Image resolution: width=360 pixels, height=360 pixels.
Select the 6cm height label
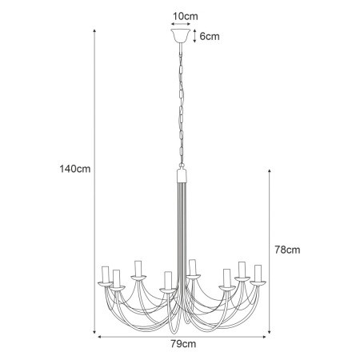tap(210, 37)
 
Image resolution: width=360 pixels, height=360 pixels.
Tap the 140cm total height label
tap(72, 170)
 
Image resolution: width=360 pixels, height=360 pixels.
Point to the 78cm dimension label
tap(286, 250)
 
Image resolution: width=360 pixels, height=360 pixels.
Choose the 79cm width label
tap(183, 344)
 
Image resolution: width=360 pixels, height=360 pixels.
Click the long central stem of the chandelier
tap(181, 240)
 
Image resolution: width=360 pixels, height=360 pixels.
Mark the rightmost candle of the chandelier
tap(258, 274)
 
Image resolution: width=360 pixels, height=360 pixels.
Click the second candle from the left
tap(117, 279)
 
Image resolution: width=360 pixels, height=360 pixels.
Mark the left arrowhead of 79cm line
tap(101, 336)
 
